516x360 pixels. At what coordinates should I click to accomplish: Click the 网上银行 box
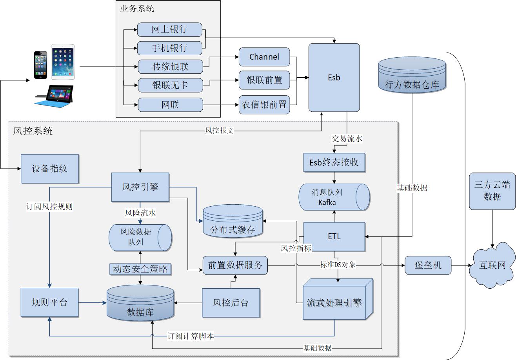point(169,29)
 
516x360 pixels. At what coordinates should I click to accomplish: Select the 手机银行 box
point(169,48)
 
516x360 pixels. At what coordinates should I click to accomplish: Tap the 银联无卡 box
point(170,85)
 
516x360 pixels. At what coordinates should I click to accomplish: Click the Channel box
point(264,57)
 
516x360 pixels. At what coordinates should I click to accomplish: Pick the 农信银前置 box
point(264,105)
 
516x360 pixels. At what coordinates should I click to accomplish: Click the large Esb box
point(334,78)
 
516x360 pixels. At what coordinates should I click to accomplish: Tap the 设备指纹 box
point(50,169)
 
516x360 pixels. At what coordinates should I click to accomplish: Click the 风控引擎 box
point(140,187)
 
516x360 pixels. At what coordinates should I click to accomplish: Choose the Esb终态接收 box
point(334,162)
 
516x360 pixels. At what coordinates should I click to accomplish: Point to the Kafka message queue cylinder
point(334,197)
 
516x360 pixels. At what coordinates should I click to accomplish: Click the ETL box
point(334,236)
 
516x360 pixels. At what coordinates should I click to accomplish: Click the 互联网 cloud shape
point(493,265)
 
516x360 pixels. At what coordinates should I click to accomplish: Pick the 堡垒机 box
point(428,265)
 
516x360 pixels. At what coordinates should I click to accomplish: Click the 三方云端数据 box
point(492,191)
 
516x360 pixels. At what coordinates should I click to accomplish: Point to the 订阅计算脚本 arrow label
point(191,336)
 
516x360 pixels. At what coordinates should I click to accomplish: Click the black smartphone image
point(40,64)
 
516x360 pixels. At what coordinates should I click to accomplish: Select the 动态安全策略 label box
point(140,269)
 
